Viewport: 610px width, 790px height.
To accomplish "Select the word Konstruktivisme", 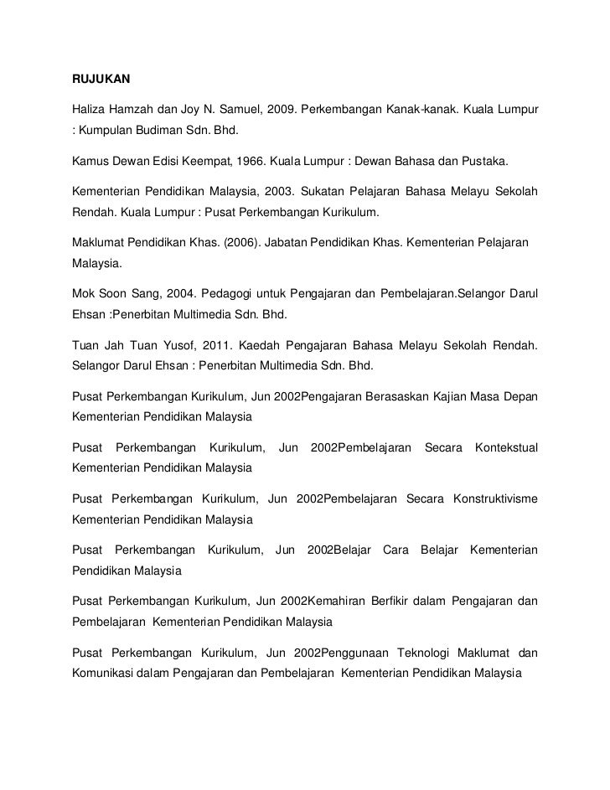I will pyautogui.click(x=495, y=488).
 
